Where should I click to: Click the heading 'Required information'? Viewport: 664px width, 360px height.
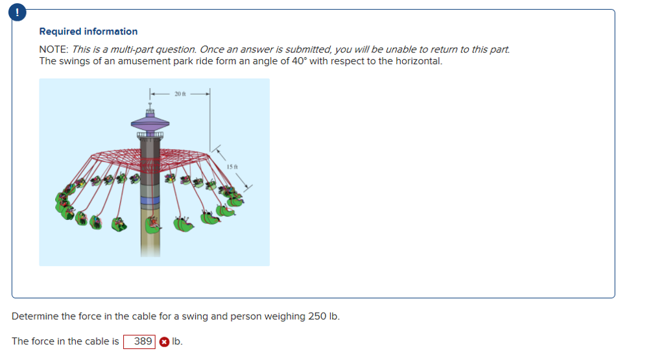pyautogui.click(x=88, y=31)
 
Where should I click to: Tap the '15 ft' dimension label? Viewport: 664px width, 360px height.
pyautogui.click(x=232, y=167)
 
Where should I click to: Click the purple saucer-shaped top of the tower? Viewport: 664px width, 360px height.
pyautogui.click(x=150, y=121)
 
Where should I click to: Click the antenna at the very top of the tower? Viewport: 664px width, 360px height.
pyautogui.click(x=150, y=104)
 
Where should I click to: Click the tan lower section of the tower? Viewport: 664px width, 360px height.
pyautogui.click(x=150, y=240)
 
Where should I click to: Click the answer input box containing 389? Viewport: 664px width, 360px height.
pyautogui.click(x=139, y=341)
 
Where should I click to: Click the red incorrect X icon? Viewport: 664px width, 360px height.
pyautogui.click(x=164, y=341)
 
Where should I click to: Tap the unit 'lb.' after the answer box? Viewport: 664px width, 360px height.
pyautogui.click(x=177, y=341)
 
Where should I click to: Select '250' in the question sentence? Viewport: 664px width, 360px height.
pyautogui.click(x=318, y=317)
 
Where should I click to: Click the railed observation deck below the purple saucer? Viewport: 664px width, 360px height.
pyautogui.click(x=150, y=135)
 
